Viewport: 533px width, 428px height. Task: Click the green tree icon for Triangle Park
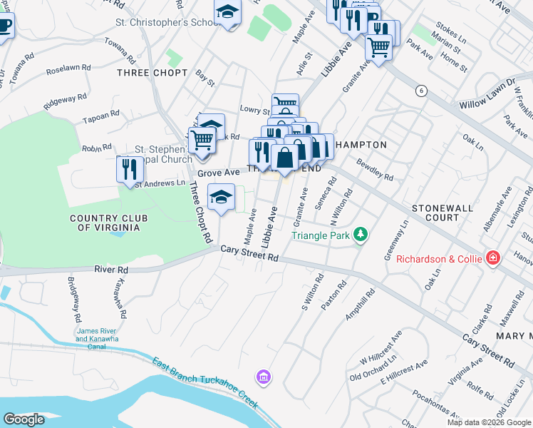pyautogui.click(x=361, y=235)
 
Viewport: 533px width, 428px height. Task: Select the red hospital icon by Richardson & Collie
pyautogui.click(x=492, y=258)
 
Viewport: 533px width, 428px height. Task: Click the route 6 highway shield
pyautogui.click(x=422, y=91)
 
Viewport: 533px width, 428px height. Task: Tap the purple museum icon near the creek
pyautogui.click(x=263, y=376)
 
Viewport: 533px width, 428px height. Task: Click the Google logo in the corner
pyautogui.click(x=24, y=419)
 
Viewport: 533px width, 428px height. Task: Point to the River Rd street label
pyautogui.click(x=111, y=270)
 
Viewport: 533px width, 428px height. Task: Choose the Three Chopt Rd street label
pyautogui.click(x=200, y=210)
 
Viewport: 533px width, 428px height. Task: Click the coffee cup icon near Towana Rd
pyautogui.click(x=4, y=27)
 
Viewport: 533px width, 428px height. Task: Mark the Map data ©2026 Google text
pyautogui.click(x=488, y=422)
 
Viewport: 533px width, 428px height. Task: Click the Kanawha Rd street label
pyautogui.click(x=118, y=298)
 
